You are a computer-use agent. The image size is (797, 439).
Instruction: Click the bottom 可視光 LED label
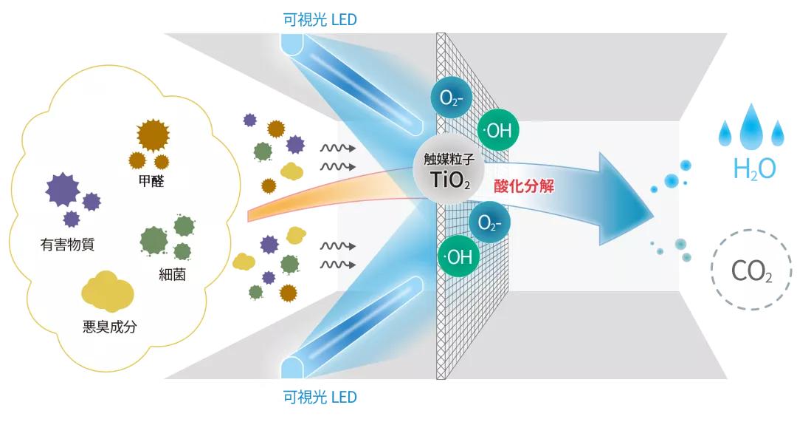click(320, 397)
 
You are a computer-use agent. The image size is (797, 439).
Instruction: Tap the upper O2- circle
click(450, 98)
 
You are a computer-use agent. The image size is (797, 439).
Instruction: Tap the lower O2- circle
click(489, 222)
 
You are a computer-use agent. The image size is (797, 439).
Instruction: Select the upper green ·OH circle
click(498, 131)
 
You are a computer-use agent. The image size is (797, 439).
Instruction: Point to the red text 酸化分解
click(524, 186)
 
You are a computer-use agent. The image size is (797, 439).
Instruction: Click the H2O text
click(754, 169)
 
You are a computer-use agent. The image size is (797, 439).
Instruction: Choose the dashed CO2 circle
click(751, 270)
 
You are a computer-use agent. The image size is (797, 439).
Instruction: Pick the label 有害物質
click(67, 244)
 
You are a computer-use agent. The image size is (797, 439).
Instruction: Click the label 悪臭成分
click(110, 326)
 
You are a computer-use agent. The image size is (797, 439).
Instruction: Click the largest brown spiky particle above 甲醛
click(153, 135)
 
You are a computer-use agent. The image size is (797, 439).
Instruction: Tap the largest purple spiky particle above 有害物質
click(62, 189)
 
